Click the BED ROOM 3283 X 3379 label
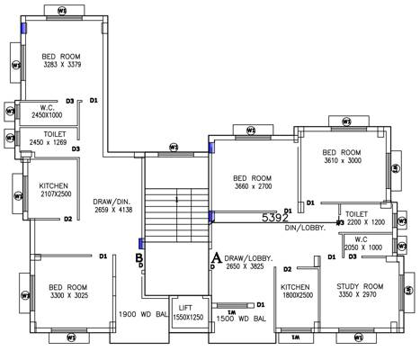pos(60,60)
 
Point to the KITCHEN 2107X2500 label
pos(53,190)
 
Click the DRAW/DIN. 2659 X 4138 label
pos(112,205)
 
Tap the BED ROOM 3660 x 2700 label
pos(252,182)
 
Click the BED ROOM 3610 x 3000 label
pos(342,157)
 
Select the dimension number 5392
pos(275,218)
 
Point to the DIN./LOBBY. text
pos(305,228)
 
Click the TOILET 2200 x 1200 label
pos(364,218)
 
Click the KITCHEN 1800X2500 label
pos(296,291)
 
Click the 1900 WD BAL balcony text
pos(144,314)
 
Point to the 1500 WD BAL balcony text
pos(241,318)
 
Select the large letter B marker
pos(139,259)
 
